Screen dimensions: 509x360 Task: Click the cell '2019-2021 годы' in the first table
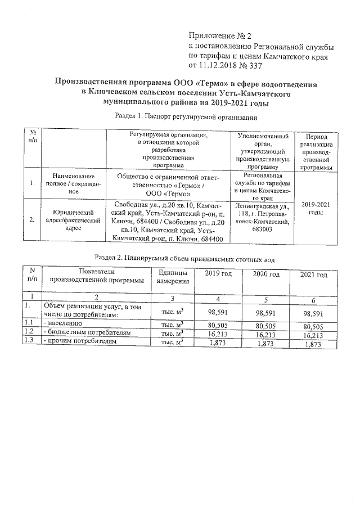pyautogui.click(x=316, y=209)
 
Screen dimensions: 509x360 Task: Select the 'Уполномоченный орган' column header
pyautogui.click(x=264, y=151)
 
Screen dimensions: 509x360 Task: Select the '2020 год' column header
pyautogui.click(x=267, y=274)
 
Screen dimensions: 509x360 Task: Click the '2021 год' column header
pyautogui.click(x=313, y=274)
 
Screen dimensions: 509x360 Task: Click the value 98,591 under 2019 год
pyautogui.click(x=218, y=313)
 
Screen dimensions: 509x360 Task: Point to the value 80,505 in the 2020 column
pyautogui.click(x=267, y=325)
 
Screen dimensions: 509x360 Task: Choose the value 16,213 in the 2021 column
pyautogui.click(x=314, y=334)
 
